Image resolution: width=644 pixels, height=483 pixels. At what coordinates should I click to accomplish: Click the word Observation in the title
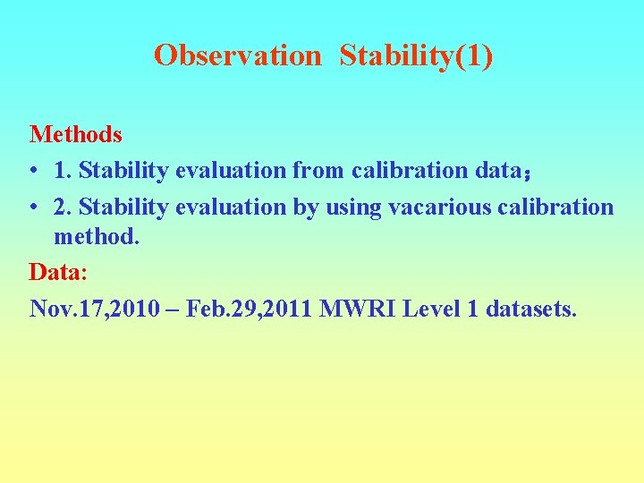pyautogui.click(x=236, y=55)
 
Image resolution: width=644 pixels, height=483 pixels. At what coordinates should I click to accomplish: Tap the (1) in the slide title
pyautogui.click(x=473, y=55)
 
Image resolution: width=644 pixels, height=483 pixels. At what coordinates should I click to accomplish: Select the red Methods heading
pyautogui.click(x=76, y=135)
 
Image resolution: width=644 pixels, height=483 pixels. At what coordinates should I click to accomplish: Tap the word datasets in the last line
pyautogui.click(x=531, y=309)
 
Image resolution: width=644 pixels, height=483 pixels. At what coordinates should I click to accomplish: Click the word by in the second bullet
pyautogui.click(x=304, y=208)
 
